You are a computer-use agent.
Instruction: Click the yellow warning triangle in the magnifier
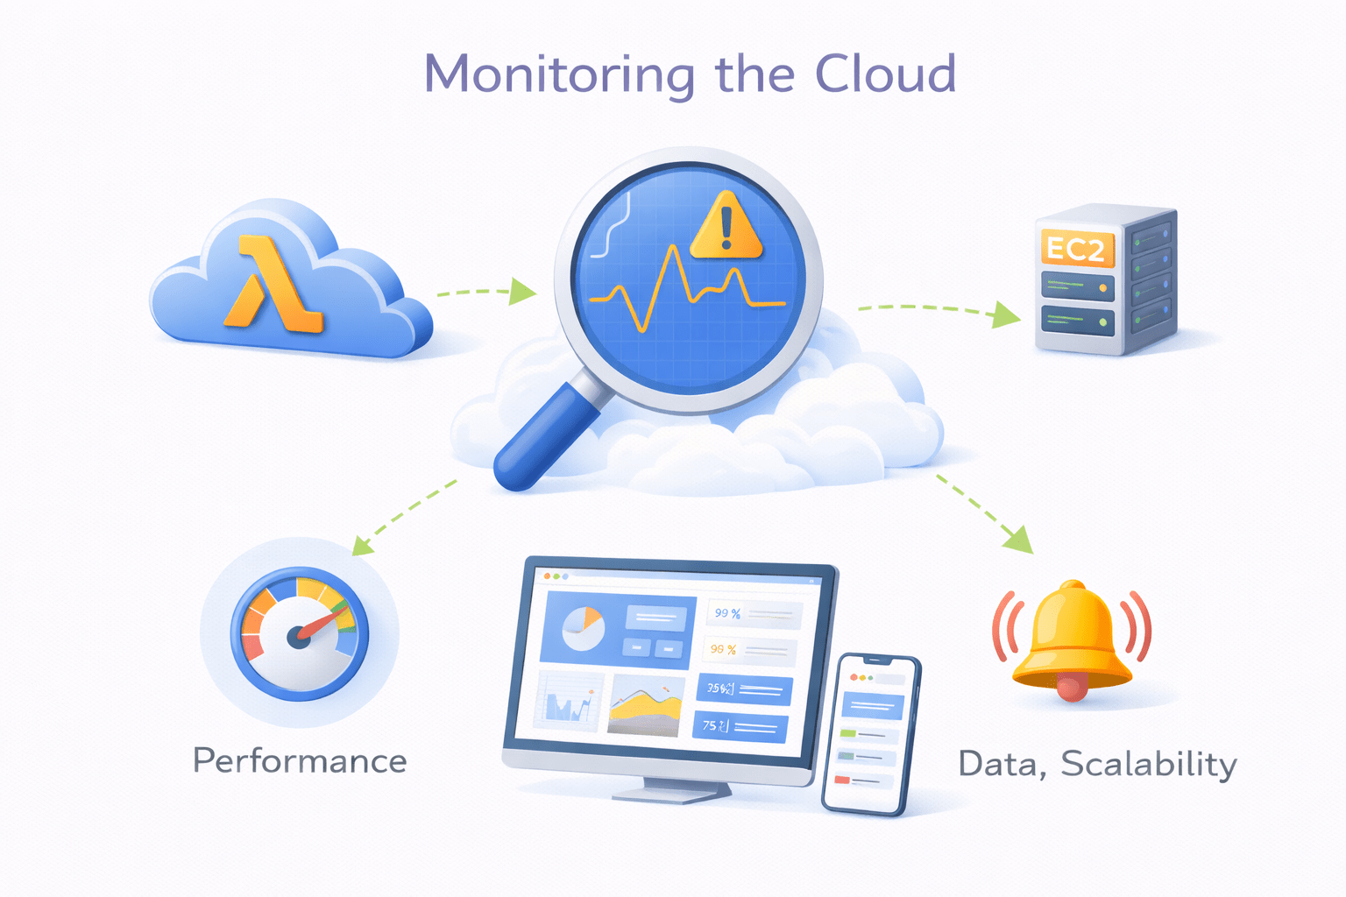726,228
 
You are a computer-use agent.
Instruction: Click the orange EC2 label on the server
1076,250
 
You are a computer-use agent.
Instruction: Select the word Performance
300,760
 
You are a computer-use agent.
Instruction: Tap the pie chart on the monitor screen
583,629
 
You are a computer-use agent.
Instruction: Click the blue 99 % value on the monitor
726,613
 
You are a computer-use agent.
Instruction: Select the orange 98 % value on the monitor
723,649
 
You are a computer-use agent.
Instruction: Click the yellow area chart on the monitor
646,708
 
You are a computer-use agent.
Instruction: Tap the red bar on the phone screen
843,779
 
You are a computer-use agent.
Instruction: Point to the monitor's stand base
671,793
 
